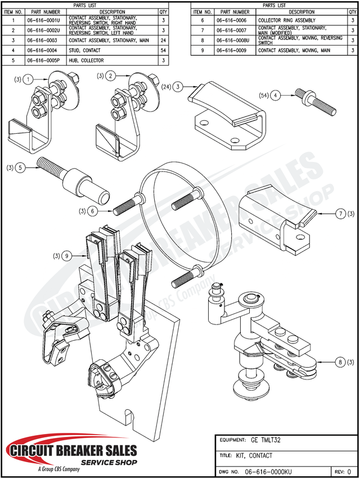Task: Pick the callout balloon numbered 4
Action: pos(275,96)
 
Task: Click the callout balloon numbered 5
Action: pos(20,168)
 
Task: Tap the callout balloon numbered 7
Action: pos(340,214)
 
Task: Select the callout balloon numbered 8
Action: pos(340,362)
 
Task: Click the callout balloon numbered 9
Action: pos(67,256)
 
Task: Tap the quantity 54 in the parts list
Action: pos(163,51)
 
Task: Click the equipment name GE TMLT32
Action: pos(265,440)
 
